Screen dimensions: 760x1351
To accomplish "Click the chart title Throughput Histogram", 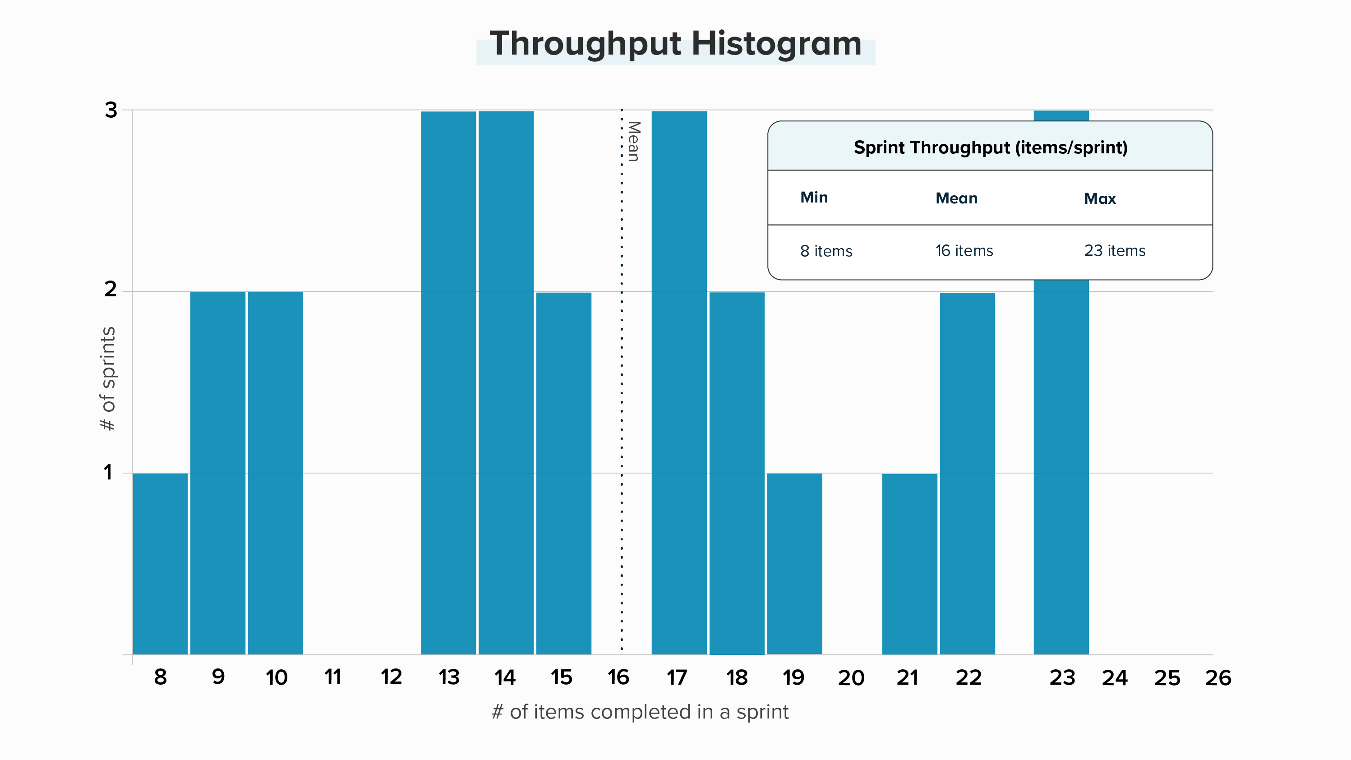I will click(x=676, y=44).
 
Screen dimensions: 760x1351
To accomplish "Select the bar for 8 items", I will click(x=160, y=563).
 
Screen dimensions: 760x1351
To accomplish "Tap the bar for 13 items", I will click(x=448, y=382).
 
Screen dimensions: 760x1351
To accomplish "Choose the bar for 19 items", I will click(x=794, y=563).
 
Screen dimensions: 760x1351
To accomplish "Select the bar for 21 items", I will click(x=909, y=564).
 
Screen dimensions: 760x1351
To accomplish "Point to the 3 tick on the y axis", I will click(x=111, y=110).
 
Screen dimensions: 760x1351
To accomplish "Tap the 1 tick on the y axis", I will click(x=108, y=473).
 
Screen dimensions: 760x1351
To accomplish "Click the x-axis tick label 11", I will click(x=332, y=677).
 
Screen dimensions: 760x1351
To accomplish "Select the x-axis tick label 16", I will click(x=618, y=677).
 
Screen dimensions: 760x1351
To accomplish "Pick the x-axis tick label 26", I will click(x=1218, y=677).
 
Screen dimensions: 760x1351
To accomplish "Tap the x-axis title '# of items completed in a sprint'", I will click(x=640, y=712).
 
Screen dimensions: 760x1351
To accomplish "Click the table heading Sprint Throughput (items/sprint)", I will click(x=990, y=147).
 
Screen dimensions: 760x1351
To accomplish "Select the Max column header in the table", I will click(x=1100, y=198).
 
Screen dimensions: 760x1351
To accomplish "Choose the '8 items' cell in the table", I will click(x=826, y=251).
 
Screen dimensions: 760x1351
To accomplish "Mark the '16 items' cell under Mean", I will click(x=964, y=251).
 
